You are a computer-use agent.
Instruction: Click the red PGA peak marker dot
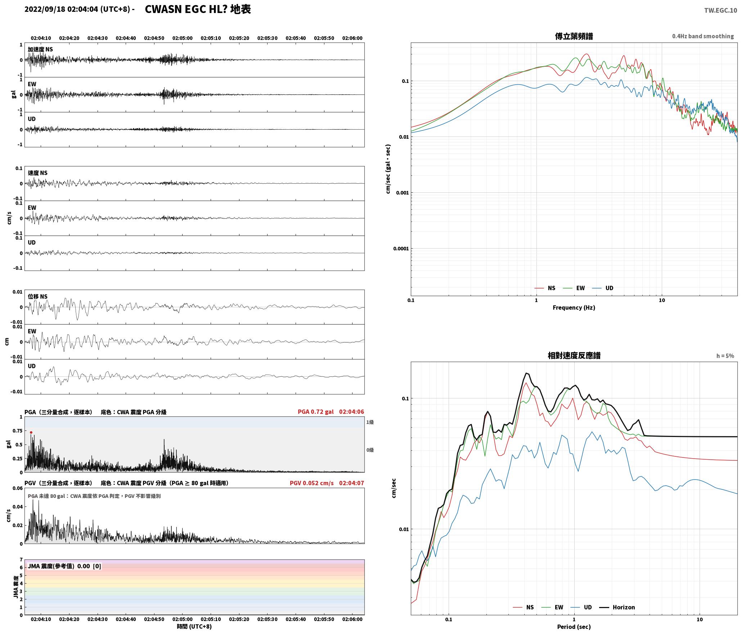tap(31, 432)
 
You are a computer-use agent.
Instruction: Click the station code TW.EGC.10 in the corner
tap(720, 10)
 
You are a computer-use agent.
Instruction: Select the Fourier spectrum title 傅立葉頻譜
tap(574, 36)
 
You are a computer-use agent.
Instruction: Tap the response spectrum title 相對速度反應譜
tap(574, 356)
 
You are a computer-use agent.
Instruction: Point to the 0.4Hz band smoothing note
tap(703, 36)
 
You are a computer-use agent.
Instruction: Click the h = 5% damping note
tap(725, 356)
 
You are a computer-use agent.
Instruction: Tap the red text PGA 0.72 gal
tap(316, 412)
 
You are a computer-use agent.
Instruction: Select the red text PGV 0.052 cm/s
tap(312, 483)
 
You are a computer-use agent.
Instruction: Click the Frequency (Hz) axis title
tap(574, 307)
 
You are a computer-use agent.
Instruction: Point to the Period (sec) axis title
tap(574, 626)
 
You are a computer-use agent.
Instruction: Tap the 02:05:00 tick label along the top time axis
tap(183, 38)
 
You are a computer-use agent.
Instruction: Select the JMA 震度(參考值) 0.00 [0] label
tap(64, 566)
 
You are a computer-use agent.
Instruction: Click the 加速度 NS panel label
tap(40, 49)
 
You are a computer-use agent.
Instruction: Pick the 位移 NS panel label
tap(38, 296)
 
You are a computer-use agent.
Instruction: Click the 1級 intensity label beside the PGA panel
tap(370, 422)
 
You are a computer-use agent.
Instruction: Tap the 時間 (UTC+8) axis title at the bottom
tap(194, 626)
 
